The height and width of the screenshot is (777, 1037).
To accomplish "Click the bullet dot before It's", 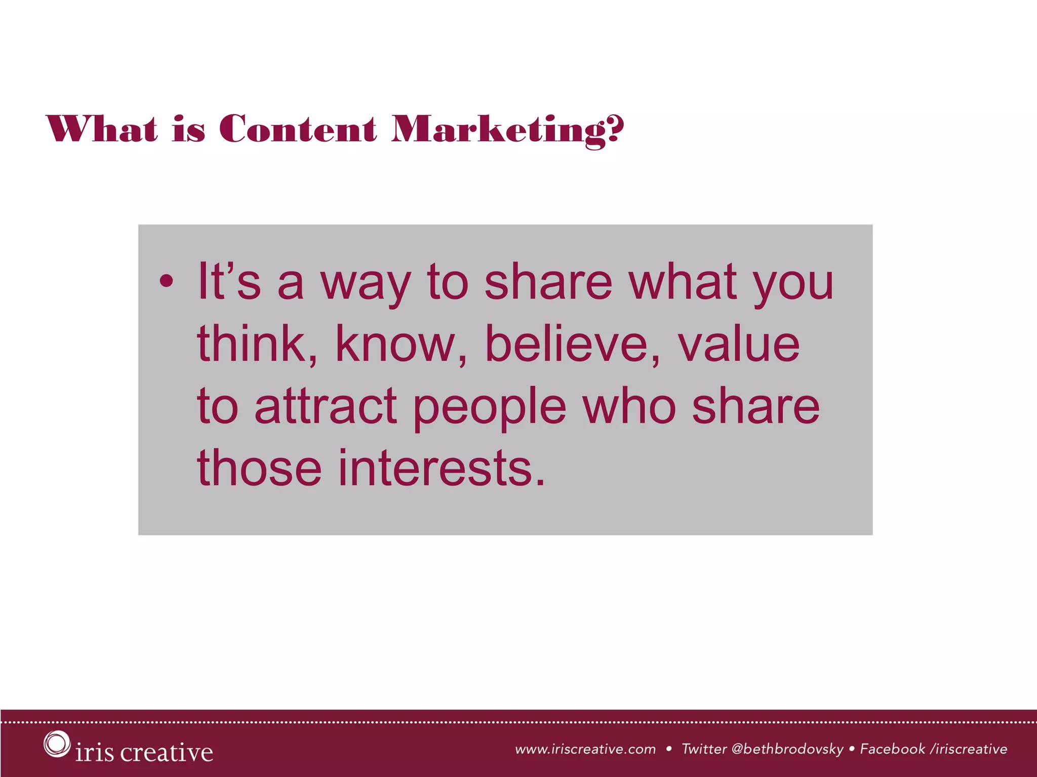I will pos(166,281).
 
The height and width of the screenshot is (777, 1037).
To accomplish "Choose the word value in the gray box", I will pos(739,344).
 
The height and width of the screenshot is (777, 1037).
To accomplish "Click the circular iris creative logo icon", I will pos(56,744).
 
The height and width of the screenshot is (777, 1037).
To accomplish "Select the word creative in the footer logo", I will pos(167,752).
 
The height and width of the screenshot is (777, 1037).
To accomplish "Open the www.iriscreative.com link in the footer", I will pos(585,749).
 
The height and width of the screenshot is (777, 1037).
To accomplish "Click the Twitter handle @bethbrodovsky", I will pos(787,749).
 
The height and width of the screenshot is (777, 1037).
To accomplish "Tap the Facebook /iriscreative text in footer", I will pos(934,749).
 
